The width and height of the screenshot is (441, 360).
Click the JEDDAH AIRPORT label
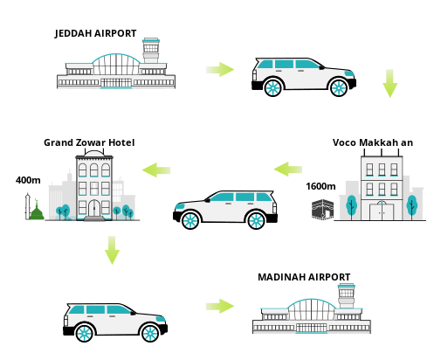[95, 33]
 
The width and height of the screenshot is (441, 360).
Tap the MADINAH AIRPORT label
[304, 277]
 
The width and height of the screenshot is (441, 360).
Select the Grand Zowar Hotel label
[89, 142]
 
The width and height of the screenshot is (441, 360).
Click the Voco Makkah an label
[373, 142]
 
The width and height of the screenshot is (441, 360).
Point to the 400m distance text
[28, 180]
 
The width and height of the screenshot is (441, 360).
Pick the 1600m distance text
[320, 186]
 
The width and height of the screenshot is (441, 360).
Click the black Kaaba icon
[322, 209]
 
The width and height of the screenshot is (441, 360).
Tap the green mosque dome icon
[37, 211]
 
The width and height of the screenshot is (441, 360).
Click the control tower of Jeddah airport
[151, 50]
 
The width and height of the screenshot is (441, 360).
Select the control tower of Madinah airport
[346, 295]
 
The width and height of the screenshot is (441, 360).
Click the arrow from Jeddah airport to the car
[220, 69]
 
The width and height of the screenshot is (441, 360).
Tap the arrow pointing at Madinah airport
[220, 306]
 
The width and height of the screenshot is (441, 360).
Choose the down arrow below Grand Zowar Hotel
[112, 250]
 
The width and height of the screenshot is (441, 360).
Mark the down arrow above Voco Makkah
[389, 83]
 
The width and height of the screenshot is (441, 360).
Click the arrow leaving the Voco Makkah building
[288, 170]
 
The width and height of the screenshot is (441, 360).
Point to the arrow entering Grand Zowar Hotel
[156, 170]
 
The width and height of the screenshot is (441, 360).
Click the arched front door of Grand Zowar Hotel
[94, 208]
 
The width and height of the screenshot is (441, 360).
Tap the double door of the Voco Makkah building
[382, 212]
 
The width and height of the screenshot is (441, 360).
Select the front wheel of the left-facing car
[190, 220]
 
